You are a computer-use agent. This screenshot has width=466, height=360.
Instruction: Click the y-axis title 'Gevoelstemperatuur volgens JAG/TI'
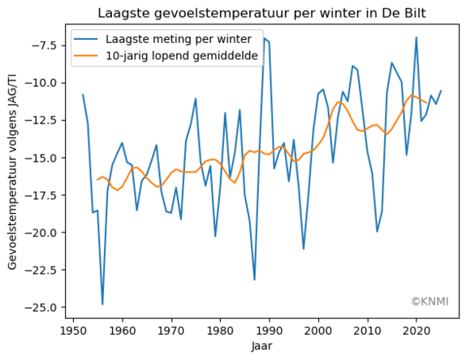coord(12,171)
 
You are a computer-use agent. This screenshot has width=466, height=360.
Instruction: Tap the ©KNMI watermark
coord(427,301)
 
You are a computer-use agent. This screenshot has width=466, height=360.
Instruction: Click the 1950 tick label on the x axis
coord(73,332)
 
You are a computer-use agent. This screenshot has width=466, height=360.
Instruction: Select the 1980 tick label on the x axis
coord(220,332)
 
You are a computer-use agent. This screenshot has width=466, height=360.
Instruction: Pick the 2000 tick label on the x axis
coord(318,332)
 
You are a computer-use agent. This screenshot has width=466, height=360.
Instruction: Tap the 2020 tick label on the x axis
coord(416,332)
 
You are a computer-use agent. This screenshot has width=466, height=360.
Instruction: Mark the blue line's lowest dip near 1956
coord(102,305)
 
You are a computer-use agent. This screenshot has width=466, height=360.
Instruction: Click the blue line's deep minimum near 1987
coord(254,280)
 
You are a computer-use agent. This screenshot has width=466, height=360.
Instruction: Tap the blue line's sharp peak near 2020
coord(416,37)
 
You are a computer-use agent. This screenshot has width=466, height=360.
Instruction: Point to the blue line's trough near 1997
coord(304,249)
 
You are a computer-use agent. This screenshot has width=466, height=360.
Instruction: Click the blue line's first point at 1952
coord(83,94)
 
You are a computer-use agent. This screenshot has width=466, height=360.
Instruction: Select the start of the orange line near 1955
coord(97,180)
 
